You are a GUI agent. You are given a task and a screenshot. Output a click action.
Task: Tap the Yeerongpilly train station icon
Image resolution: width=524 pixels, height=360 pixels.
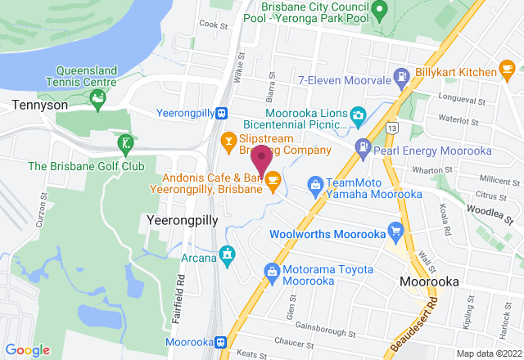pos(222,114)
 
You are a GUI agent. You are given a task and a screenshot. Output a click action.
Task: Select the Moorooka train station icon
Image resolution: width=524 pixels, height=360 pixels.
pos(221,341)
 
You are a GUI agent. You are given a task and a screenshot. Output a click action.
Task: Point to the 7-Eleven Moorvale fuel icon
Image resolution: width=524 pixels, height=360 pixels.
pos(402,78)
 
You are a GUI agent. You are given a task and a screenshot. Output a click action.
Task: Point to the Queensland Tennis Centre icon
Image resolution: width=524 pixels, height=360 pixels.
pos(98,101)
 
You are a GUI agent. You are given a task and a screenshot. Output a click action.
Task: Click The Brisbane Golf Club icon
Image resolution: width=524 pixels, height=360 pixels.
pos(124,146)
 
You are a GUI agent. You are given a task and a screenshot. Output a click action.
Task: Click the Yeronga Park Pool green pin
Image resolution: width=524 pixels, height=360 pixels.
pos(378,11)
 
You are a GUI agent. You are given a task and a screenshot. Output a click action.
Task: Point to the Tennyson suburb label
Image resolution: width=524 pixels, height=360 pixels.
pos(33,105)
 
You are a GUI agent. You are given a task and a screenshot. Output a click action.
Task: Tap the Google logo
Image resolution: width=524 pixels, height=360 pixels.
pos(28,349)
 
